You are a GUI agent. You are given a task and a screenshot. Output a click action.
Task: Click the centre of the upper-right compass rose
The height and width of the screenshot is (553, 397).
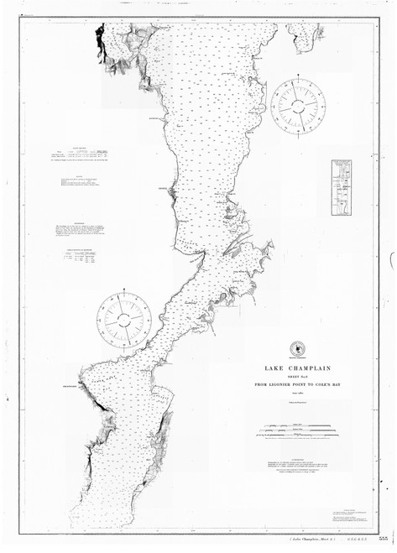click(301, 103)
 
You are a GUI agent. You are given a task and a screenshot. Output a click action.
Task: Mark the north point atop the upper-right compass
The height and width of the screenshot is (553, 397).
click(301, 78)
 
